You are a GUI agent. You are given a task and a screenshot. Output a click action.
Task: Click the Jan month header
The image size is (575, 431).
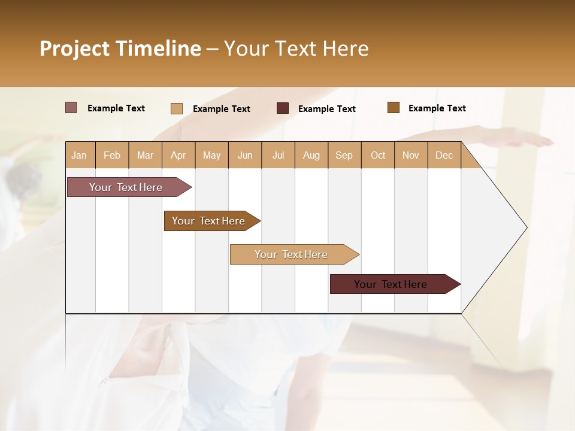click(79, 155)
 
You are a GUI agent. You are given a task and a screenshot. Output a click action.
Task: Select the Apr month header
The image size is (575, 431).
click(178, 155)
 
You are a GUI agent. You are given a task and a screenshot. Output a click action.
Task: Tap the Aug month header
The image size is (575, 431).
click(311, 155)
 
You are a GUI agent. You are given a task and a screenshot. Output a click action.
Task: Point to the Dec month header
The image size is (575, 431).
click(444, 155)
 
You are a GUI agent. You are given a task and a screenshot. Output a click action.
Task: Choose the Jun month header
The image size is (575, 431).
click(245, 155)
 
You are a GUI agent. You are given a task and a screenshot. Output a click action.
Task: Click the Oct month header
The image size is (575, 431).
click(378, 155)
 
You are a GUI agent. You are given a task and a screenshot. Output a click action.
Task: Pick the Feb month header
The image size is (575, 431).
click(112, 155)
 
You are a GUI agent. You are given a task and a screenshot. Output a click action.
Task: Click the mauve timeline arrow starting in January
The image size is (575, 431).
click(126, 187)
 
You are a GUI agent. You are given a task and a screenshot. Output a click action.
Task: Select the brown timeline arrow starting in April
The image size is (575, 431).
click(208, 221)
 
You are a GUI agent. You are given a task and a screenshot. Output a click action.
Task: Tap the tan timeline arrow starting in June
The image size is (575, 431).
click(291, 254)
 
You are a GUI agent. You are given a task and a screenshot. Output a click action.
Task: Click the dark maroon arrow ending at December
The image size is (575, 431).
click(391, 284)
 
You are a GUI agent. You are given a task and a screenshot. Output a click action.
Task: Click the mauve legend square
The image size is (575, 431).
click(71, 108)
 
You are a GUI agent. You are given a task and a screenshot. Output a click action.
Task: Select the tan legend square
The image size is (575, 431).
click(176, 108)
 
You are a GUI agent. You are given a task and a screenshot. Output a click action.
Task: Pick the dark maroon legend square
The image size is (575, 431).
click(283, 108)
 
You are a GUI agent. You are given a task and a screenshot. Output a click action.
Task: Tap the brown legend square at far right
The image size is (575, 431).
click(393, 108)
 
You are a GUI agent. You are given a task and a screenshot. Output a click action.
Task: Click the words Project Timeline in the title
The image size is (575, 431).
click(120, 48)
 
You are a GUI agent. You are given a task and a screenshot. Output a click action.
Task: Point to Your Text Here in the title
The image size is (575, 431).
click(296, 48)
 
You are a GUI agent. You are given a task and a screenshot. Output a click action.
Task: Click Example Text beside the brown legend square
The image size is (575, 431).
click(437, 108)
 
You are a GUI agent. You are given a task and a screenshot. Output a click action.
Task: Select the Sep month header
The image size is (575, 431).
click(344, 155)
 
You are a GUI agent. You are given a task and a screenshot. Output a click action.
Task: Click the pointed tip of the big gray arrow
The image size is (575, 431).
click(525, 227)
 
